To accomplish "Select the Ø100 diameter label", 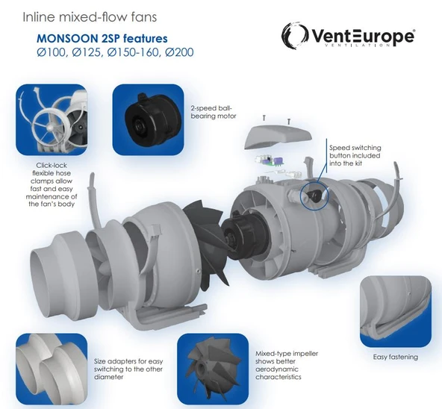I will point(52,54).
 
